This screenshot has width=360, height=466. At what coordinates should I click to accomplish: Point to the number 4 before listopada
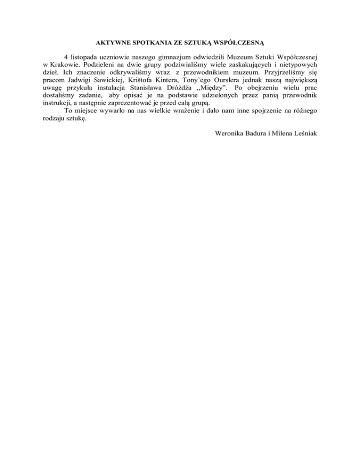[66, 59]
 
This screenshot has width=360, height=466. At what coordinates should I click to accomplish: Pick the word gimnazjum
[173, 59]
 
